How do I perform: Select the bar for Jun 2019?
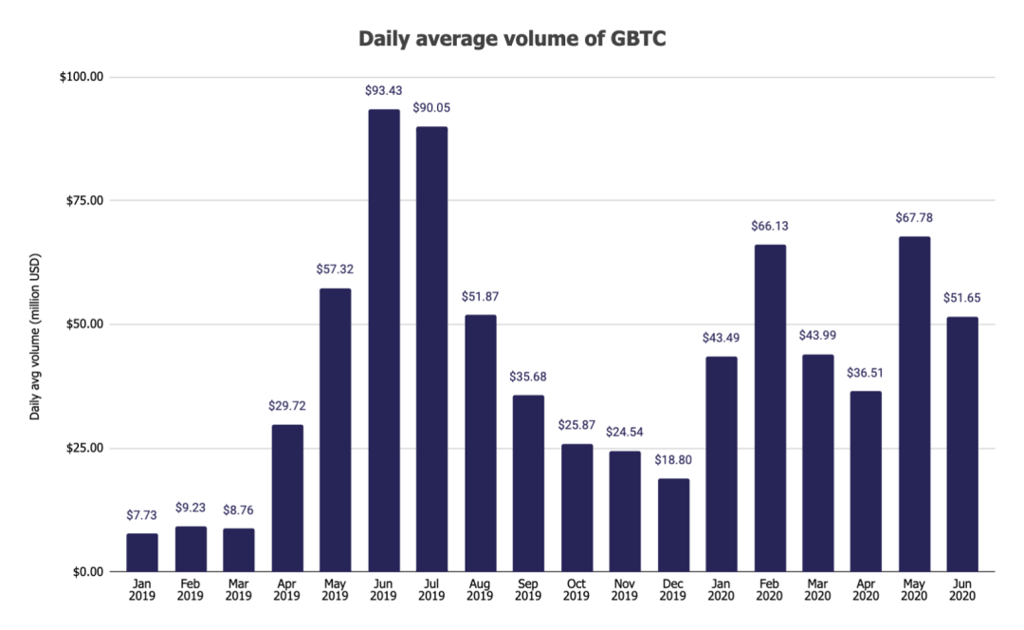click(x=384, y=341)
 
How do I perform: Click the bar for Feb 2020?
click(x=769, y=408)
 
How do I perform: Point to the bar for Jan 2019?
click(x=142, y=552)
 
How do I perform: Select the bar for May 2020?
click(x=914, y=404)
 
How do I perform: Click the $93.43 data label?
click(x=384, y=90)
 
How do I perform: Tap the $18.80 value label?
click(x=672, y=459)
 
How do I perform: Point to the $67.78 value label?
click(x=914, y=217)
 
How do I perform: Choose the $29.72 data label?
click(x=287, y=406)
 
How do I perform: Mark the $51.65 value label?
click(x=962, y=298)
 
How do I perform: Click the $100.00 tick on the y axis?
click(x=82, y=77)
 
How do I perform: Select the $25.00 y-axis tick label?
click(x=84, y=448)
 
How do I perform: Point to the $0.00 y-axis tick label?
click(x=87, y=572)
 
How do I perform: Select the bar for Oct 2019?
click(x=576, y=508)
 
